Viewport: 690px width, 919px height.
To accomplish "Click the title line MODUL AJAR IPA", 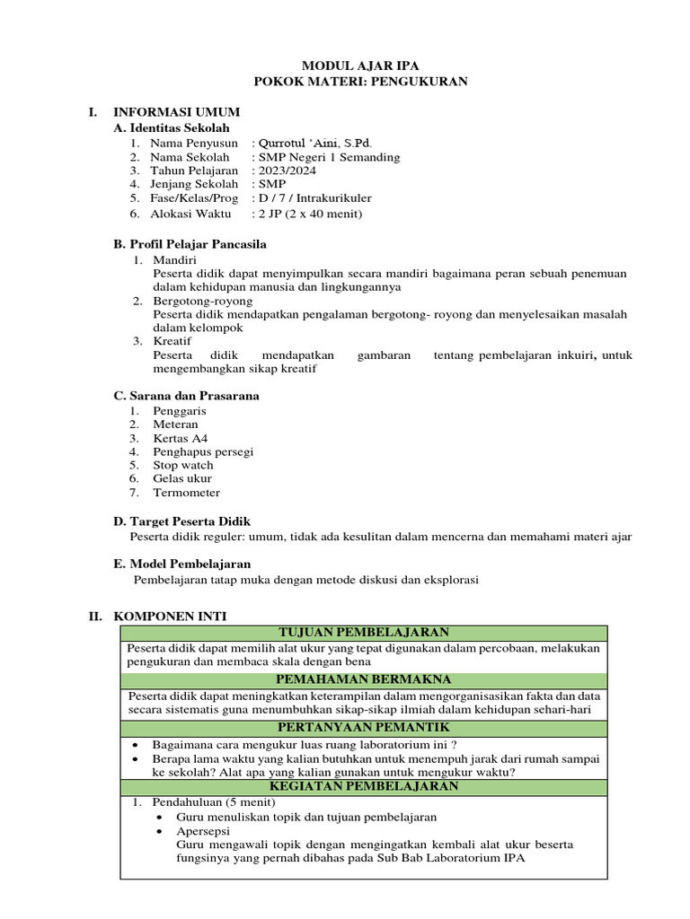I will [359, 66].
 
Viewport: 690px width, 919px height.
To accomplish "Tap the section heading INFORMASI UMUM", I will [176, 112].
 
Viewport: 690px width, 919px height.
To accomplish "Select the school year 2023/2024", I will [287, 171].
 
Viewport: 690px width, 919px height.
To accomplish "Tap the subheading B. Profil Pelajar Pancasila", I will [190, 244].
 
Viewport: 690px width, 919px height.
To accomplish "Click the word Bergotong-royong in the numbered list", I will [203, 301].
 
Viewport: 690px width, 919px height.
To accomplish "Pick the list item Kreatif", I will [172, 341].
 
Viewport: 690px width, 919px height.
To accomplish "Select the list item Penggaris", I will [180, 410].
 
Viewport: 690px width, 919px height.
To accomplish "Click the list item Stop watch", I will [183, 465].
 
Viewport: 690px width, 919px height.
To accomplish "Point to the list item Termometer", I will [186, 493].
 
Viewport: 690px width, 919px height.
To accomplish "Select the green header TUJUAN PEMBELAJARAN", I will [364, 634].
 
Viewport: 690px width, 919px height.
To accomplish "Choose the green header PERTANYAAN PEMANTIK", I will [364, 727].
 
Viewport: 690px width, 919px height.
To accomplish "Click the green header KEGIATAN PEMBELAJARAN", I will [364, 786].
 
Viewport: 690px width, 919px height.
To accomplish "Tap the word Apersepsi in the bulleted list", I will [203, 831].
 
